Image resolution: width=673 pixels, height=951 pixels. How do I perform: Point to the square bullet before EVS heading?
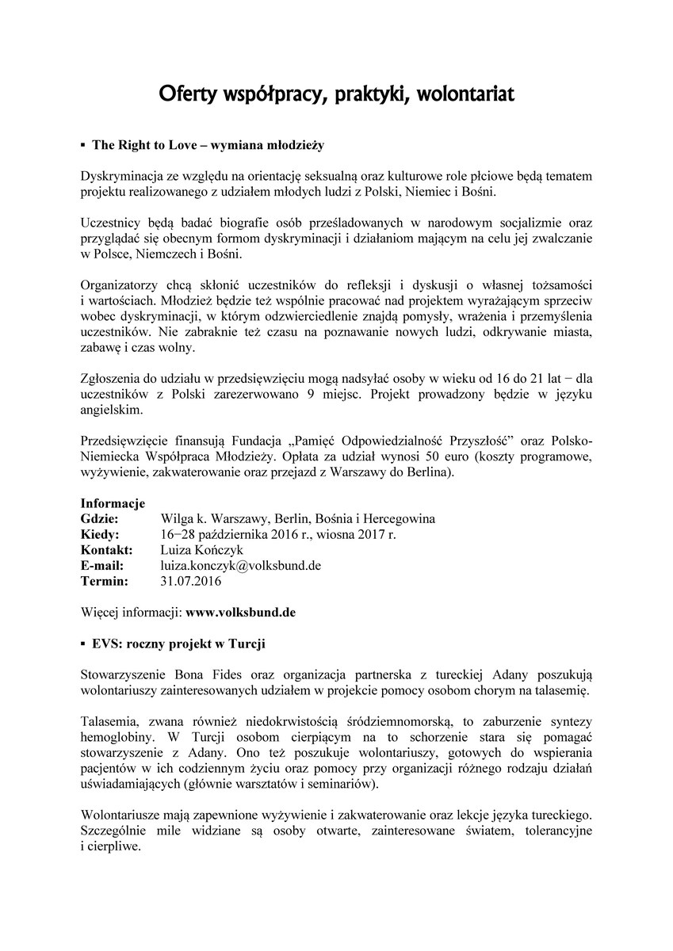point(83,644)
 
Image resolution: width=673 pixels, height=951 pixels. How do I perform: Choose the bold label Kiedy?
point(100,534)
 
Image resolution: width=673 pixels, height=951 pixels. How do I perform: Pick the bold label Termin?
point(104,581)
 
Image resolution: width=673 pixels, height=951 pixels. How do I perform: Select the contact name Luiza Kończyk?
point(201,550)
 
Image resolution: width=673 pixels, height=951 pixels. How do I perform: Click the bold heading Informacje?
point(113,503)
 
